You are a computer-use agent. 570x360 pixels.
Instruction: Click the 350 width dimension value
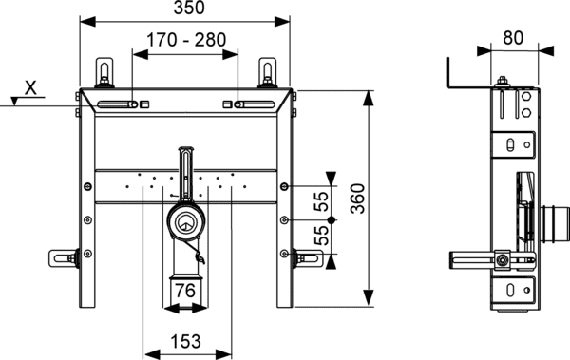coord(189,8)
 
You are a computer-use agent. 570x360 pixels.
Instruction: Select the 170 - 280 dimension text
coord(186,40)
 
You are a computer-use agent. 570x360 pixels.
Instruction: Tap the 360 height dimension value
coord(358,199)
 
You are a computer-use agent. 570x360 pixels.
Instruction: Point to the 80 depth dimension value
coord(513,37)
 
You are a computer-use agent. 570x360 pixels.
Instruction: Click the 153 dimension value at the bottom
coord(185,341)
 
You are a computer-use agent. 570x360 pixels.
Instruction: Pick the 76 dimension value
coord(185,291)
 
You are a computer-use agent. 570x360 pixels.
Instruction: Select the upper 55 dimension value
coord(321,201)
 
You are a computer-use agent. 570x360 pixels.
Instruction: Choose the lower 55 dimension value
coord(321,236)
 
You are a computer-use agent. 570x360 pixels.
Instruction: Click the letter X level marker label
coord(31,87)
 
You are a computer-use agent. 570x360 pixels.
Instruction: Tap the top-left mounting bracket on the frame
coord(104,73)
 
